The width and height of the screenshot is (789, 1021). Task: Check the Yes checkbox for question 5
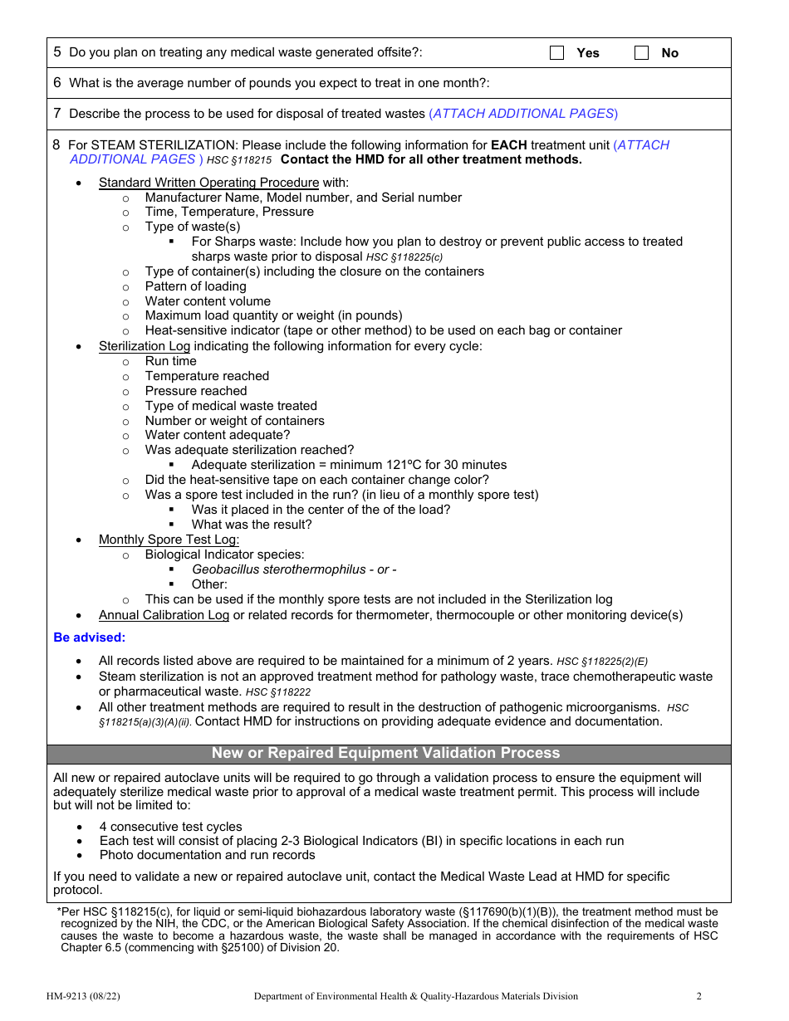[x=557, y=53]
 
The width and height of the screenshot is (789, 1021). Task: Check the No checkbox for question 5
[x=641, y=53]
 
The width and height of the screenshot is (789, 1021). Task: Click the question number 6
[x=57, y=83]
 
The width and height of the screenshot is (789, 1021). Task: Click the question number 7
[x=57, y=114]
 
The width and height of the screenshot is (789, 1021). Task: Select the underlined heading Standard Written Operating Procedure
[x=208, y=183]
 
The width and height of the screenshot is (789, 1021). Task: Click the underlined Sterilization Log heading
[x=145, y=346]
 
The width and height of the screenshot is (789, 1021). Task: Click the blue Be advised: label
[x=90, y=638]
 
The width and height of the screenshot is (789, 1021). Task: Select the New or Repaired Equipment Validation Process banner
[x=385, y=753]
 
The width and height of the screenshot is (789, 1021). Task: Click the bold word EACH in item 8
[x=508, y=145]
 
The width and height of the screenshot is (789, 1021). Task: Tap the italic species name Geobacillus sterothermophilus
[x=278, y=569]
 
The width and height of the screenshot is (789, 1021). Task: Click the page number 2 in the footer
[x=698, y=996]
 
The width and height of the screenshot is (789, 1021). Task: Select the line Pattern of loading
[x=195, y=286]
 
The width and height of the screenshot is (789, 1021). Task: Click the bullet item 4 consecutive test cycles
[x=171, y=827]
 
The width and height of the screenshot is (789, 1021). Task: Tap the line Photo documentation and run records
[x=208, y=855]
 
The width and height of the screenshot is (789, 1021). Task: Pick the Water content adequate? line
[x=218, y=435]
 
